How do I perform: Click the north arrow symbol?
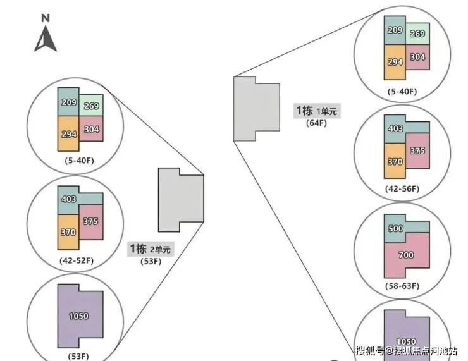(x=46, y=40)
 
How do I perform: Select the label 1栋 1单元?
(x=317, y=111)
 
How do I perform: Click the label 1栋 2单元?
(x=150, y=248)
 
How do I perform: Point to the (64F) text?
(x=316, y=123)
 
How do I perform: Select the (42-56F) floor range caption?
(x=402, y=189)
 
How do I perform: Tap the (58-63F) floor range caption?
(x=402, y=286)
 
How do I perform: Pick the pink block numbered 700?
(x=407, y=255)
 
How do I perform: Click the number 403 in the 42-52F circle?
(x=69, y=199)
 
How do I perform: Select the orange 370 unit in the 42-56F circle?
(x=394, y=162)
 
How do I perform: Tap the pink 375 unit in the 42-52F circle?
(x=90, y=221)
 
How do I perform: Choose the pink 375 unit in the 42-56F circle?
(x=417, y=151)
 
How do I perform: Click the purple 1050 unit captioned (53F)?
(x=79, y=315)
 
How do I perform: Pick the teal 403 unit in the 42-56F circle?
(x=395, y=129)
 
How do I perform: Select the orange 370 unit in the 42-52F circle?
(x=68, y=233)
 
